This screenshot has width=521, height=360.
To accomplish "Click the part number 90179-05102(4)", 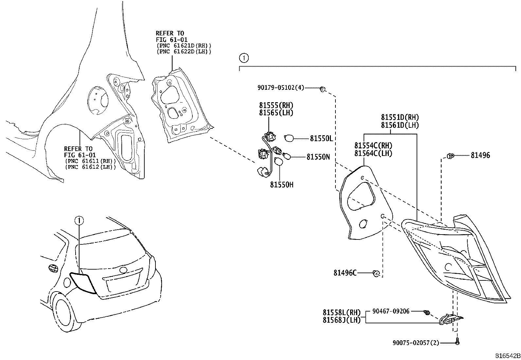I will pos(281,88).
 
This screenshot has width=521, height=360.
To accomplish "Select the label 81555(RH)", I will pos(276,105).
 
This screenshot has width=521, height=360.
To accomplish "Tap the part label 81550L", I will pos(321,139).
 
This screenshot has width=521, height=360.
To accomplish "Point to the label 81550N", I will pos(318,157).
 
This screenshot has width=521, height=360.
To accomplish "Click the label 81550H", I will pos(281,185).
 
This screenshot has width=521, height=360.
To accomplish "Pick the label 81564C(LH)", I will pos(373,153).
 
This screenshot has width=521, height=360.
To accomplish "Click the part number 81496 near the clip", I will pos(480,156).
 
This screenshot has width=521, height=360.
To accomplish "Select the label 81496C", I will pos(345,273).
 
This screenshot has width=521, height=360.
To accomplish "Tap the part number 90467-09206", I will pos(391,311).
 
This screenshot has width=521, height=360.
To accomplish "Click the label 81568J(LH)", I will pos(341,320).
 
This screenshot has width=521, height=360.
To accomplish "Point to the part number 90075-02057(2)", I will pos(416,343).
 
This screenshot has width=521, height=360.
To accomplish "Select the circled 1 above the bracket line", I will pos(244,59).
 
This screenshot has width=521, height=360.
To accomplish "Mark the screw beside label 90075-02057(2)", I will pos(458,342).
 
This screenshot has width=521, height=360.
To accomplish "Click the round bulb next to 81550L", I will pos(289,138).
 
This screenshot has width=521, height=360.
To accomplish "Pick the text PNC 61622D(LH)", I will pos(184,51).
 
